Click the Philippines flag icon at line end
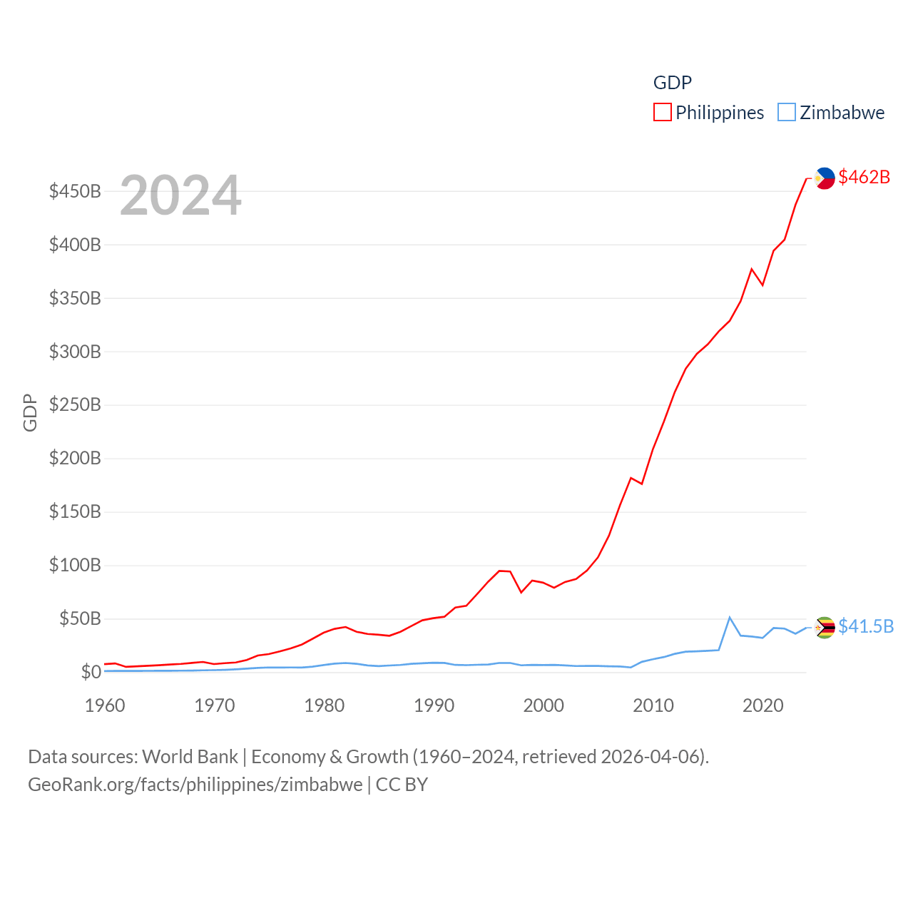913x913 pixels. [825, 178]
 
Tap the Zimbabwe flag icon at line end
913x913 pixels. [825, 627]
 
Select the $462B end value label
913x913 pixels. [864, 177]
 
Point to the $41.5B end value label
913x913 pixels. [866, 626]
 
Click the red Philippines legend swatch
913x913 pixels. [663, 113]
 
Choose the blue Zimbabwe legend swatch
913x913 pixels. [786, 113]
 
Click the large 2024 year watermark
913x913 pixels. [180, 195]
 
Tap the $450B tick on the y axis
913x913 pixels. [75, 191]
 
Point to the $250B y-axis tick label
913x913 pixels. [75, 405]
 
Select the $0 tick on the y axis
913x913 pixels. [91, 672]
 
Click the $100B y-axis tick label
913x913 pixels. [75, 566]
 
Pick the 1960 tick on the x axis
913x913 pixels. [105, 705]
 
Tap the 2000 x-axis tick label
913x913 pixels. [544, 705]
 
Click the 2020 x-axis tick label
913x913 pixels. [763, 705]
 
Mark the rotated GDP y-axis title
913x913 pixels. [30, 412]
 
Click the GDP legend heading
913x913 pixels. [673, 83]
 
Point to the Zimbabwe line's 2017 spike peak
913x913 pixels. [729, 618]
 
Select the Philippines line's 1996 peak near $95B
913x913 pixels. [499, 571]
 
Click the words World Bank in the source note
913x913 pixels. [190, 756]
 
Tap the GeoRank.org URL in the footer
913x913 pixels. [195, 785]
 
